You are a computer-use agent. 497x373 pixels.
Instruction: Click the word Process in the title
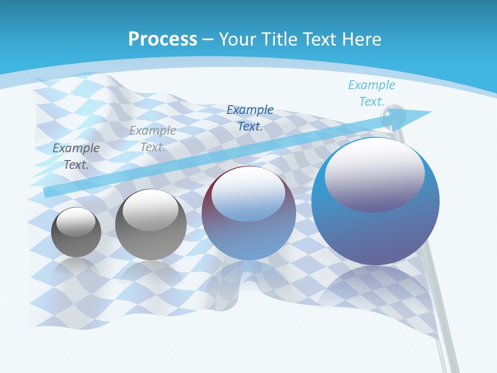[163, 39]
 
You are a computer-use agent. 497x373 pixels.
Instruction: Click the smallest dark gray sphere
[76, 232]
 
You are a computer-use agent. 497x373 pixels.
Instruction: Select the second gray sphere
[151, 225]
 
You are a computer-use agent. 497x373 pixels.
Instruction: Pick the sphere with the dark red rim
[249, 213]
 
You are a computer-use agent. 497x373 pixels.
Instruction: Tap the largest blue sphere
[375, 202]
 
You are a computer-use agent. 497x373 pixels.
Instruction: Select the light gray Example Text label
[153, 139]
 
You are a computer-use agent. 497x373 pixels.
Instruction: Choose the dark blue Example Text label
[250, 118]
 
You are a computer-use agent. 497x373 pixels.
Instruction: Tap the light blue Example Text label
[371, 93]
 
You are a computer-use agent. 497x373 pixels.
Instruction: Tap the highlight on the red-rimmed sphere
[248, 195]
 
